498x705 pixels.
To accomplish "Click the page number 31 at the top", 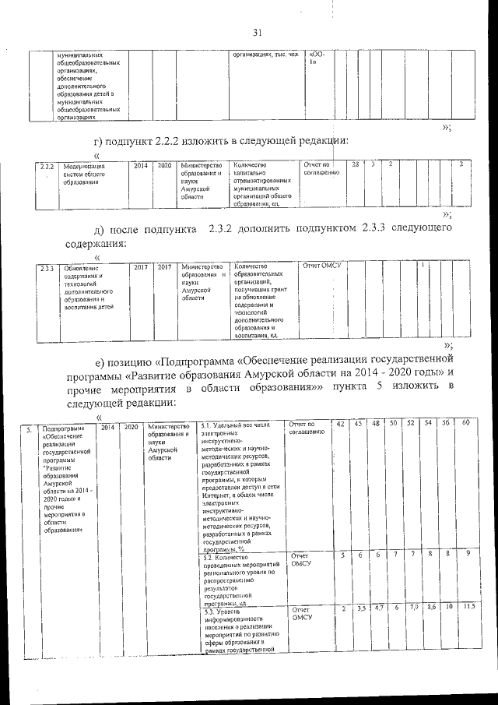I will (258, 32).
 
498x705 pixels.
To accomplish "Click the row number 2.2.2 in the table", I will (46, 166).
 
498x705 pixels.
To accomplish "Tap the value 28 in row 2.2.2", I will (356, 164).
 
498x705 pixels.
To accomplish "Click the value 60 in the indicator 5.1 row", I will (465, 423).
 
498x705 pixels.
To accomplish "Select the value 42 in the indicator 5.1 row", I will (340, 423).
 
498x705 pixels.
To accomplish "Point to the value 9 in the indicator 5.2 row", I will (467, 554).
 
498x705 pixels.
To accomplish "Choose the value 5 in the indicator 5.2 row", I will (342, 554).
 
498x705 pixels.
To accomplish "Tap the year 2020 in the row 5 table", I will (131, 427).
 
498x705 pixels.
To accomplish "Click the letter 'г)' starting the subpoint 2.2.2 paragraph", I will (100, 140).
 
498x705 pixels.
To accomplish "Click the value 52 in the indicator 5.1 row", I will (411, 423).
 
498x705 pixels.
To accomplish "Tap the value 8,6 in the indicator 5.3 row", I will (432, 606).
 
